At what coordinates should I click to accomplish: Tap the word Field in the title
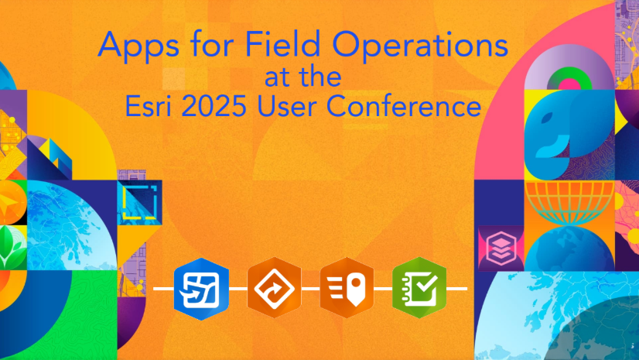pyautogui.click(x=282, y=44)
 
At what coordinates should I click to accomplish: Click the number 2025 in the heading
pyautogui.click(x=214, y=106)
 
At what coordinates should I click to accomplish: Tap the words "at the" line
pyautogui.click(x=302, y=77)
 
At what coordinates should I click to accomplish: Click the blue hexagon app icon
pyautogui.click(x=201, y=289)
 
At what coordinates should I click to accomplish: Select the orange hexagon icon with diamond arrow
pyautogui.click(x=275, y=288)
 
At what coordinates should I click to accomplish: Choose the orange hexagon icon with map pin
pyautogui.click(x=347, y=288)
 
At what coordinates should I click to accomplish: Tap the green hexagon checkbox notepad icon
pyautogui.click(x=419, y=288)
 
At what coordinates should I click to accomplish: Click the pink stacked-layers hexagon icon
pyautogui.click(x=501, y=248)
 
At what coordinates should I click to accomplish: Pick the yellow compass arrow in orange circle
pyautogui.click(x=9, y=203)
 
